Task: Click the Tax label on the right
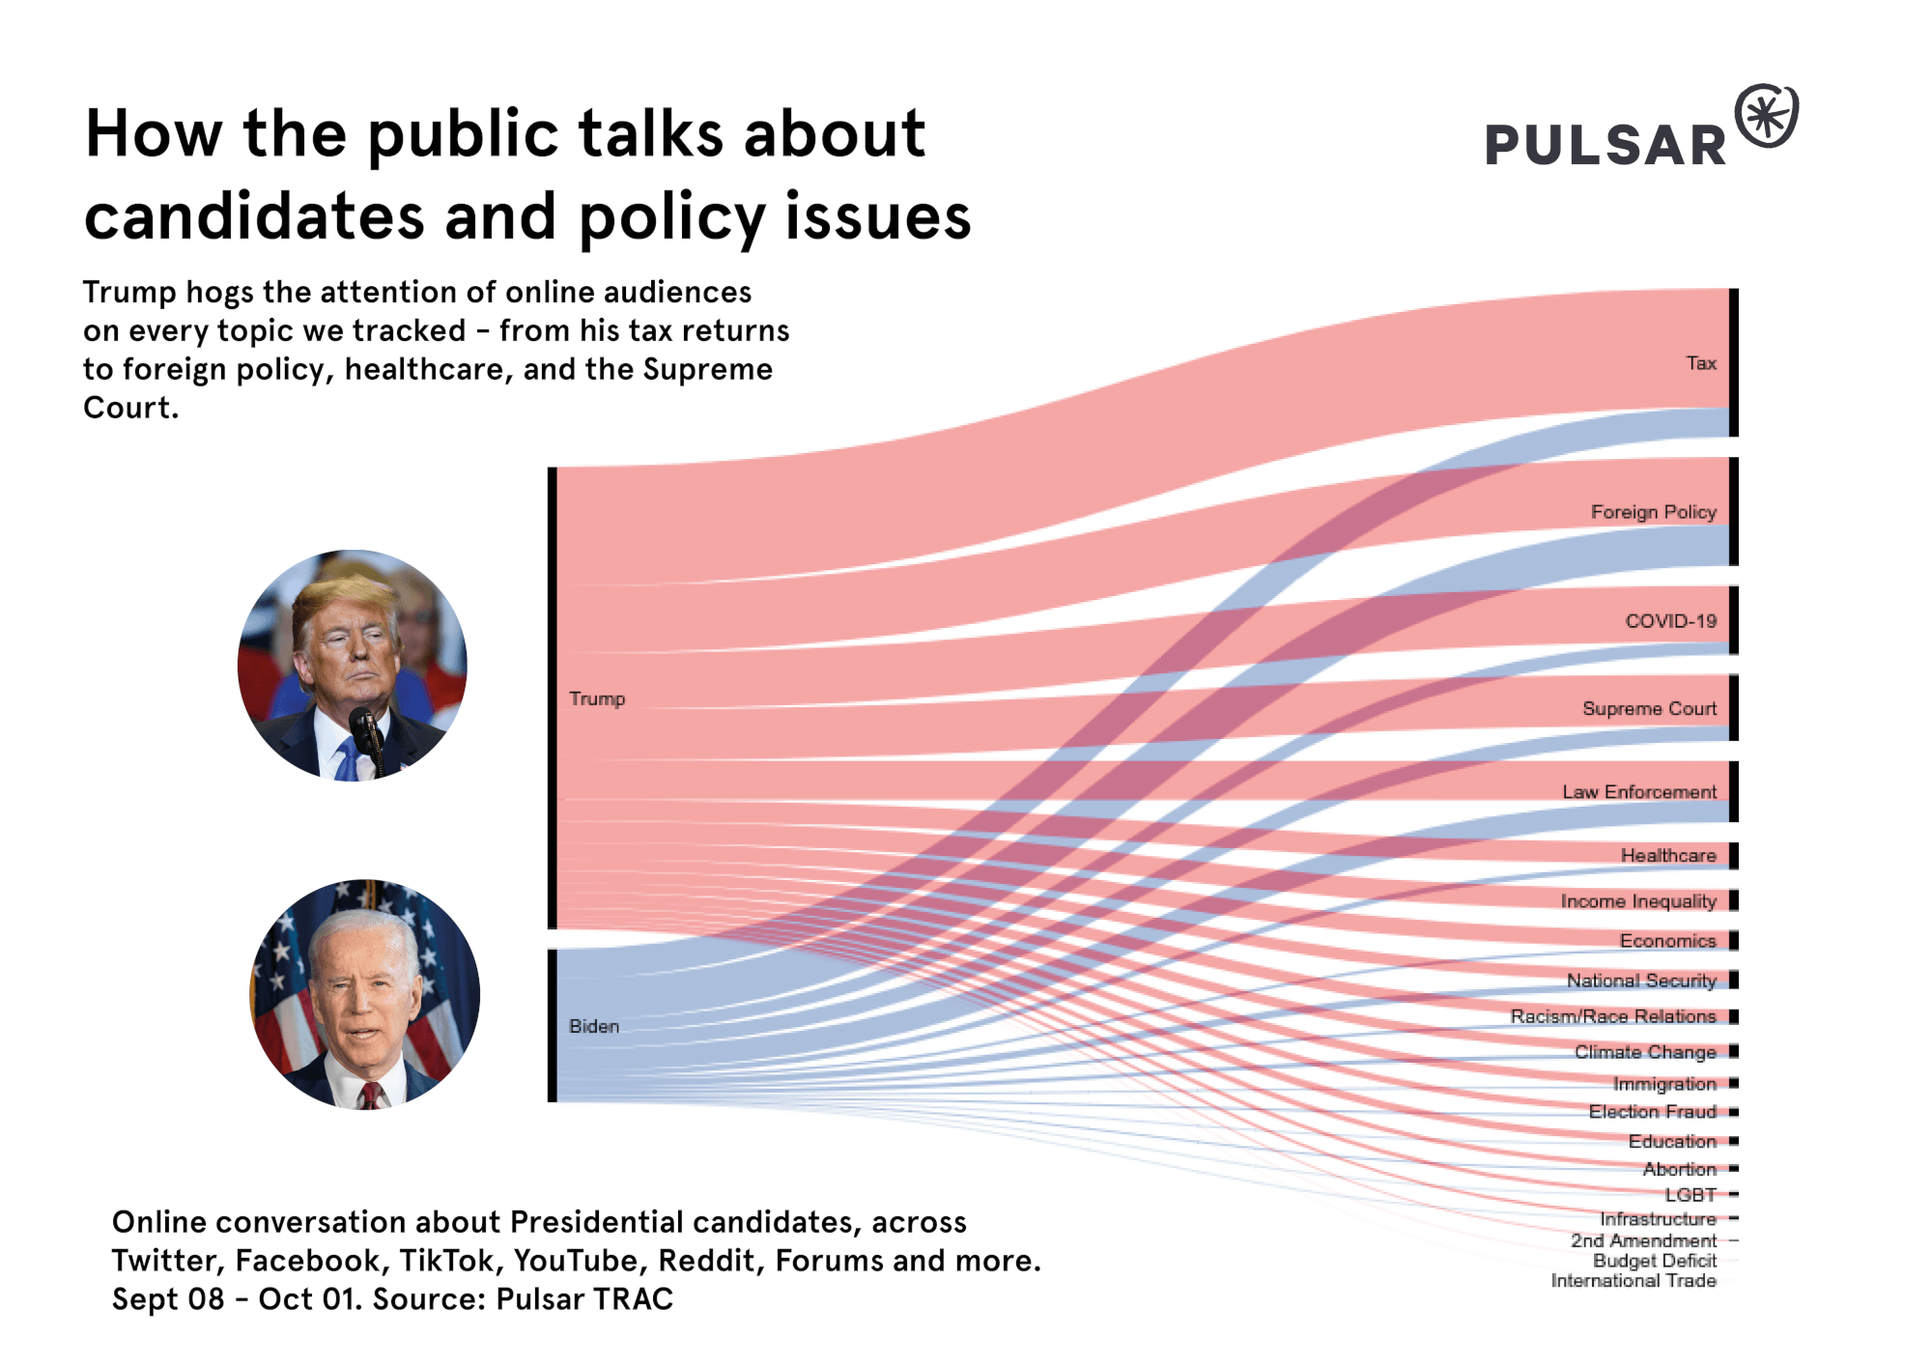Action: click(x=1701, y=363)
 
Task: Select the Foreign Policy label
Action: click(x=1653, y=512)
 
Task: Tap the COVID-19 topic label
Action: click(x=1670, y=621)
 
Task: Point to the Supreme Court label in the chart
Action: click(x=1649, y=709)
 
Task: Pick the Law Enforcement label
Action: click(x=1639, y=792)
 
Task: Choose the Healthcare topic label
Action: click(x=1668, y=856)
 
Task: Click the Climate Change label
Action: click(x=1645, y=1052)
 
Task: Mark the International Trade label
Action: click(x=1634, y=1281)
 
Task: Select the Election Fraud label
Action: click(x=1652, y=1112)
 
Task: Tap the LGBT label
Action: click(x=1690, y=1195)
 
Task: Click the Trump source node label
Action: click(x=597, y=698)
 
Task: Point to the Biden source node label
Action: click(x=594, y=1026)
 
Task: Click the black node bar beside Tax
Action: click(x=1734, y=362)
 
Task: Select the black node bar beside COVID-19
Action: click(x=1734, y=620)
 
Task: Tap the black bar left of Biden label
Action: click(x=553, y=1025)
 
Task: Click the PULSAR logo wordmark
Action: click(x=1605, y=146)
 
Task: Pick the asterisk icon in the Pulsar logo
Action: click(x=1767, y=117)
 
